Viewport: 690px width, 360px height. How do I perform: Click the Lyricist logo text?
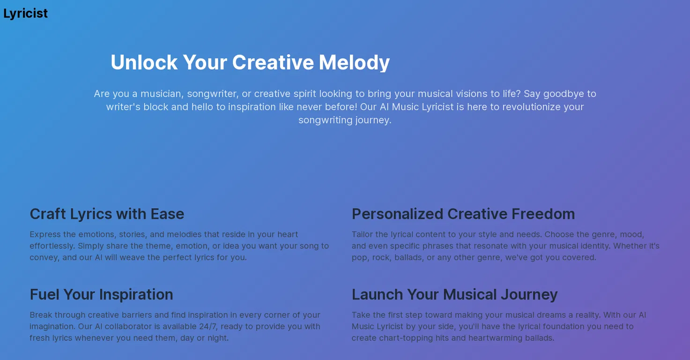point(26,14)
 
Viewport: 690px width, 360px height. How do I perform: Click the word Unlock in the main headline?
point(144,62)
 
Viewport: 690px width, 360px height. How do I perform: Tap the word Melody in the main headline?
point(354,62)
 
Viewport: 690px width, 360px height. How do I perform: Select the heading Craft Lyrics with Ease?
point(107,214)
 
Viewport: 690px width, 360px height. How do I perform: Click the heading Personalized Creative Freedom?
point(463,214)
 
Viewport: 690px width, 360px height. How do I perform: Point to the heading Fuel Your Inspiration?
point(101,294)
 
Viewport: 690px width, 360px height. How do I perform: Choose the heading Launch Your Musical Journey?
point(455,294)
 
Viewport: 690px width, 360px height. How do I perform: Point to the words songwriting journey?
point(345,120)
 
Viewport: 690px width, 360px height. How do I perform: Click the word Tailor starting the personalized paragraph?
point(362,234)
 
